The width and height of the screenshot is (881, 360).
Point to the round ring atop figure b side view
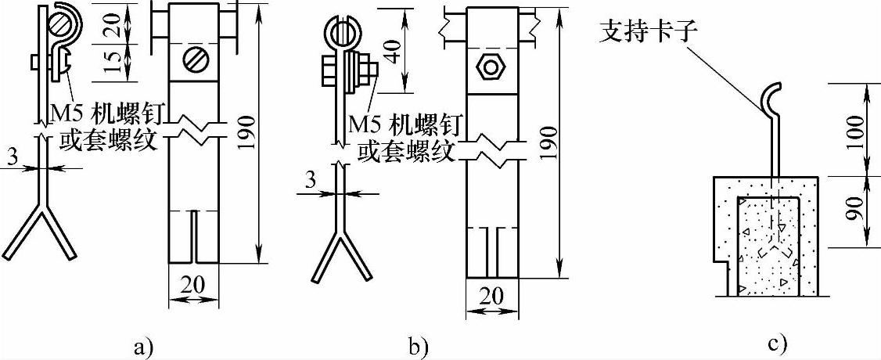pos(341,34)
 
